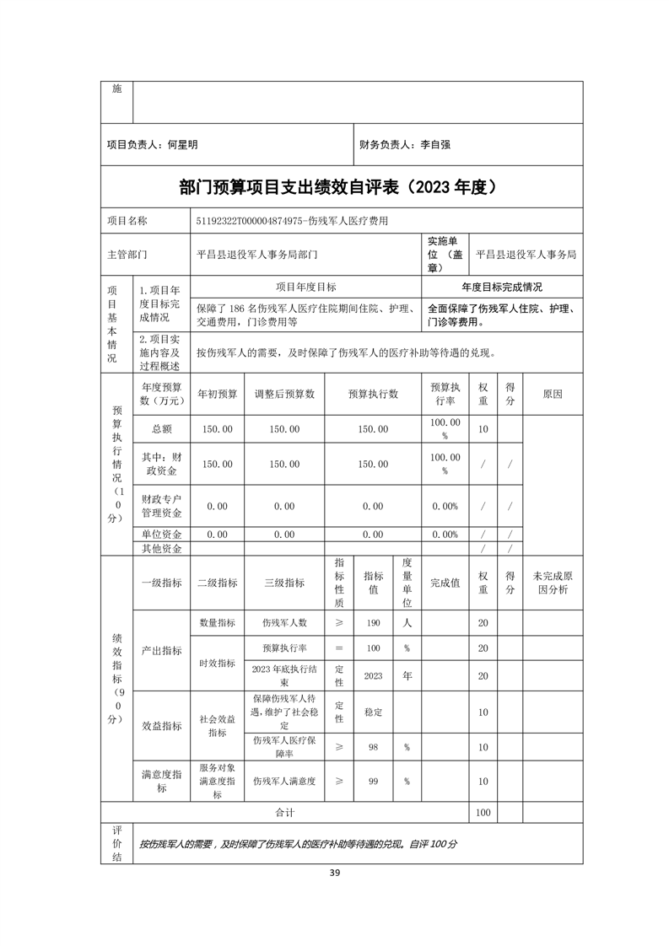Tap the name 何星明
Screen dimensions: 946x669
tap(182, 145)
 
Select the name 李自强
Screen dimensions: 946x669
tap(435, 145)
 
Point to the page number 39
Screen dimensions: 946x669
tap(334, 872)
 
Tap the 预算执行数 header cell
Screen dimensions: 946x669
tap(373, 394)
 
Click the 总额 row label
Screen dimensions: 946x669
tap(162, 429)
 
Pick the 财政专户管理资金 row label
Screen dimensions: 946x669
tap(162, 506)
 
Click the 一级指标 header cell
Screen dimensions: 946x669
tap(162, 583)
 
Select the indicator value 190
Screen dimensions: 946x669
tap(373, 623)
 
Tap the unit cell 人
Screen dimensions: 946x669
tap(407, 623)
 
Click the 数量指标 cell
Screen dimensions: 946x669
tap(217, 623)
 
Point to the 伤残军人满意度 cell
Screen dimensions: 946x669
tap(284, 782)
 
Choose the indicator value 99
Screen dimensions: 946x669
tap(373, 782)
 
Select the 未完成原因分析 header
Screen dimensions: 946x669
tap(553, 583)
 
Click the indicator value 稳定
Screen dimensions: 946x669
tap(373, 712)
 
